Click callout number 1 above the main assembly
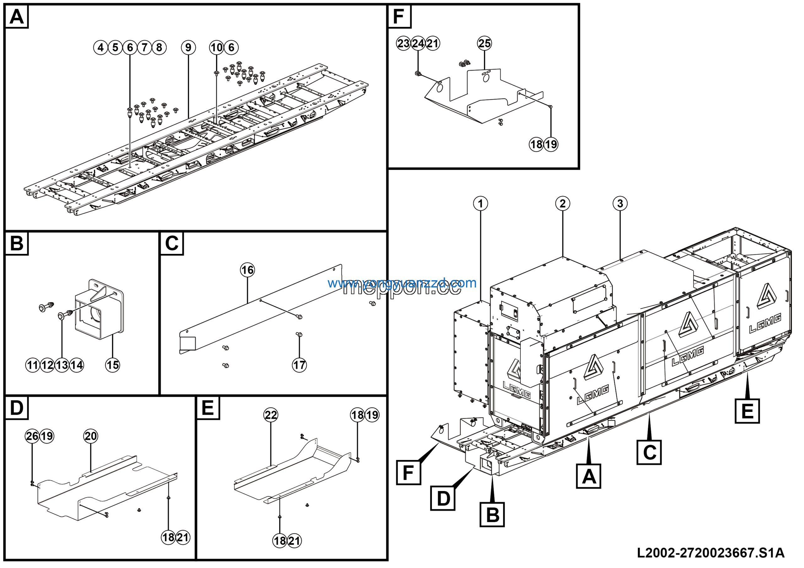[x=481, y=204]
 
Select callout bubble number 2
[x=562, y=204]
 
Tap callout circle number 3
[x=620, y=204]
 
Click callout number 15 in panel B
[x=112, y=365]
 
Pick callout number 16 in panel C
[x=247, y=270]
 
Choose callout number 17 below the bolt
[x=299, y=365]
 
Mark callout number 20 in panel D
[x=91, y=436]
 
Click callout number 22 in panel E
[x=271, y=415]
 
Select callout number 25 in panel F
[x=484, y=43]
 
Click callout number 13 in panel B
[x=62, y=365]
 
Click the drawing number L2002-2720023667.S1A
[x=710, y=553]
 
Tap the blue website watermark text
[x=402, y=283]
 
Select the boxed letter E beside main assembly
[x=747, y=411]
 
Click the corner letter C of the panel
[x=171, y=243]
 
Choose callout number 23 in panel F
[x=403, y=43]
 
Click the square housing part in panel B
[x=100, y=312]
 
